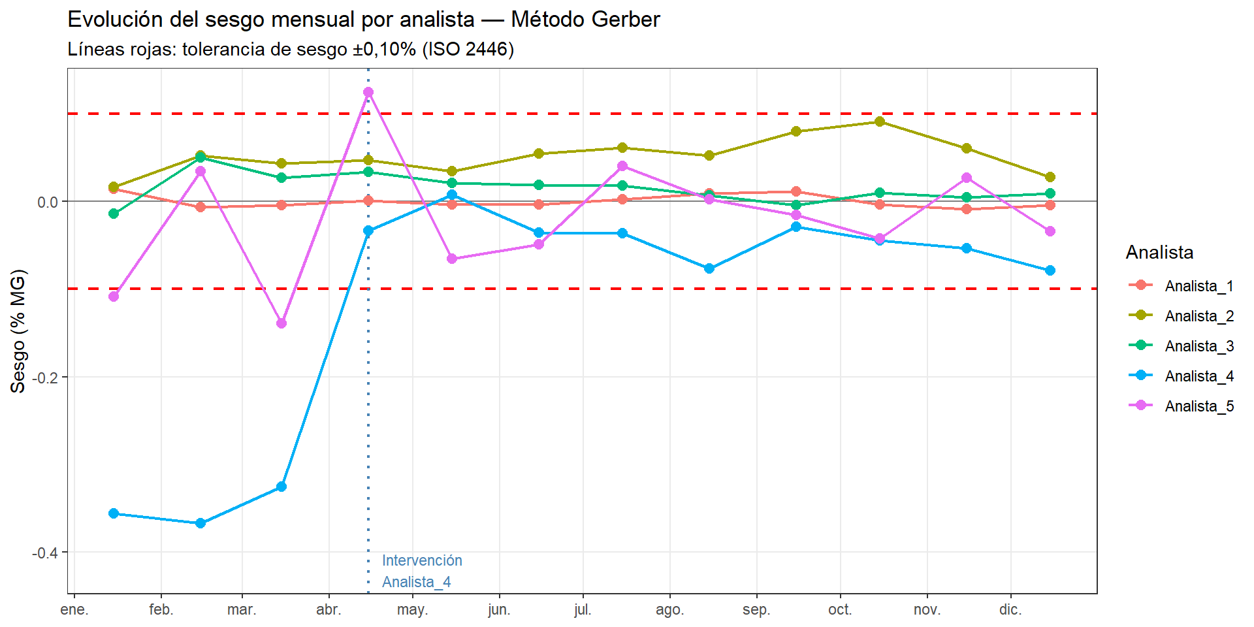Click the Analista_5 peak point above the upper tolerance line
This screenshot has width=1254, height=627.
point(368,92)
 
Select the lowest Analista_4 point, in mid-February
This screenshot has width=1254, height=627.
point(201,523)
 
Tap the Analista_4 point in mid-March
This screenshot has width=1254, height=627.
point(281,487)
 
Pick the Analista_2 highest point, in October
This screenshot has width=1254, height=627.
point(880,121)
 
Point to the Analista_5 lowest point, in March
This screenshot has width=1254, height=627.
point(281,323)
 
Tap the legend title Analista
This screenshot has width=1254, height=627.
point(1159,253)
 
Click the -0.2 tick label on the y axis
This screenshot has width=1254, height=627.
point(46,378)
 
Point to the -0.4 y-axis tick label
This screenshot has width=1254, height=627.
point(46,553)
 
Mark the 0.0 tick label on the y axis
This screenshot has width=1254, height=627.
point(48,202)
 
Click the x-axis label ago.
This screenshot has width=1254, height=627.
point(669,610)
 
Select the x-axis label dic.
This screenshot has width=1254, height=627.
point(1010,610)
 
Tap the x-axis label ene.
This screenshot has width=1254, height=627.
point(74,610)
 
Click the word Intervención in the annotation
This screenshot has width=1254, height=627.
point(422,560)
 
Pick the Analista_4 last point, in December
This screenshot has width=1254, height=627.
point(1050,270)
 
